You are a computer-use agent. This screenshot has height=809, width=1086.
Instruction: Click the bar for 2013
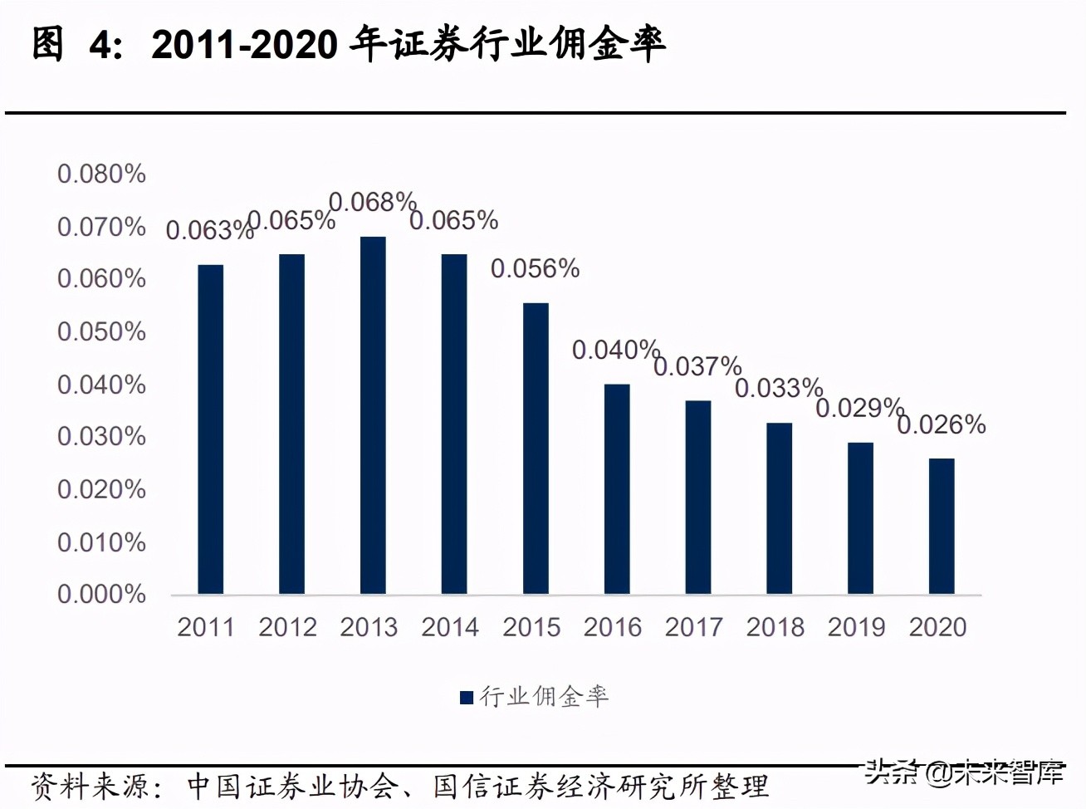point(373,415)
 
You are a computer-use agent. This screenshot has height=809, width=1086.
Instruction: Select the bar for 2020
point(942,526)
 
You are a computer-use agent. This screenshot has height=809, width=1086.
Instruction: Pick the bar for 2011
point(211,429)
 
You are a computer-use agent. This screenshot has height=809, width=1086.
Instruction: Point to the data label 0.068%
point(372,202)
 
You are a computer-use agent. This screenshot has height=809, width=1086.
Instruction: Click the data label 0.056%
point(535,268)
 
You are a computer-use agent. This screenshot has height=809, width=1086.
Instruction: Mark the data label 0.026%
point(941,424)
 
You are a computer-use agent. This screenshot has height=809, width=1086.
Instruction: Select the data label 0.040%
point(615,350)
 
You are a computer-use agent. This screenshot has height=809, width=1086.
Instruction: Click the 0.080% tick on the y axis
point(101,174)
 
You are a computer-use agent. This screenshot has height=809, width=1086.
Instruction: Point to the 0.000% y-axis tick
point(101,594)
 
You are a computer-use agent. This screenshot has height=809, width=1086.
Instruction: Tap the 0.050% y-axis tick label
point(101,331)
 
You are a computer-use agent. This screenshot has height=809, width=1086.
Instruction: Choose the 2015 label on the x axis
point(531,627)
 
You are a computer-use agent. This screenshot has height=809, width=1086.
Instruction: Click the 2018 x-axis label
point(775,627)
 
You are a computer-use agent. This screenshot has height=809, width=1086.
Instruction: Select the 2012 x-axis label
point(287,627)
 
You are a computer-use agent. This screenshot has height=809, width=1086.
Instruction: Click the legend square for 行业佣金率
point(467,697)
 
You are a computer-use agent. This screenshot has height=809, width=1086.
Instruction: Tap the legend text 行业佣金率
point(544,696)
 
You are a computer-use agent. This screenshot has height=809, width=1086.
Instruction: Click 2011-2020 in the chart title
point(244,45)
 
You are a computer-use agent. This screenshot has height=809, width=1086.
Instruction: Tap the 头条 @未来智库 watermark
point(963,772)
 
